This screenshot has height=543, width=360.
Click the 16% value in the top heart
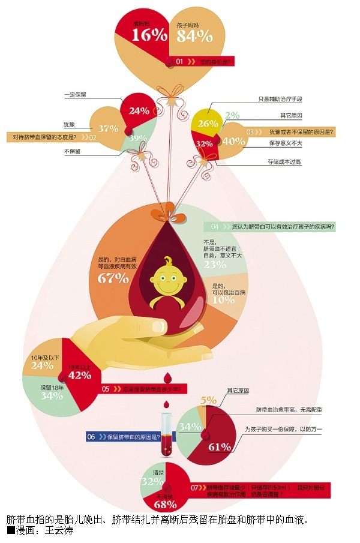[x=149, y=35]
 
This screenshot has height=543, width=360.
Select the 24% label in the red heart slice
[x=139, y=111]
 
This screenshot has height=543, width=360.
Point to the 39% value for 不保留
[x=139, y=139]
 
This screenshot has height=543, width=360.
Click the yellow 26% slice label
[x=207, y=124]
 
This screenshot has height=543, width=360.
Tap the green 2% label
[x=232, y=115]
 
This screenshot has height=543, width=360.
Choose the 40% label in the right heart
[x=233, y=142]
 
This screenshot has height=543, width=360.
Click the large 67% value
[x=113, y=278]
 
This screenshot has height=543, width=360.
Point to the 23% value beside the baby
[x=215, y=264]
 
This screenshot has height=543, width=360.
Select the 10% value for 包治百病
[x=224, y=299]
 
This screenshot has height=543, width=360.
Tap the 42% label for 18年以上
[x=80, y=376]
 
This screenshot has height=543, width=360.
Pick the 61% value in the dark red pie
[x=219, y=447]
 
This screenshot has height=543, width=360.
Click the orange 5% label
[x=208, y=400]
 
